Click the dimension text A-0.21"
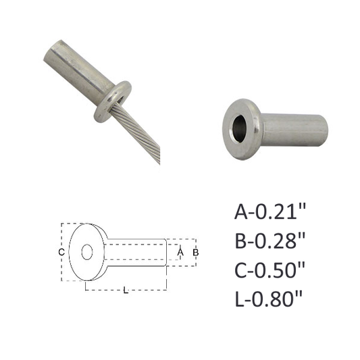click(270, 211)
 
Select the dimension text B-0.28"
click(270, 241)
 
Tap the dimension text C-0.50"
click(270, 270)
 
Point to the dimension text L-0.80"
click(269, 299)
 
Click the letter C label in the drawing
click(61, 253)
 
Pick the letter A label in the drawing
click(180, 252)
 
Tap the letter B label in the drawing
click(196, 253)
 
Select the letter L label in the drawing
click(126, 290)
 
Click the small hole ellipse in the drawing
click(87, 252)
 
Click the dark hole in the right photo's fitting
click(239, 129)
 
